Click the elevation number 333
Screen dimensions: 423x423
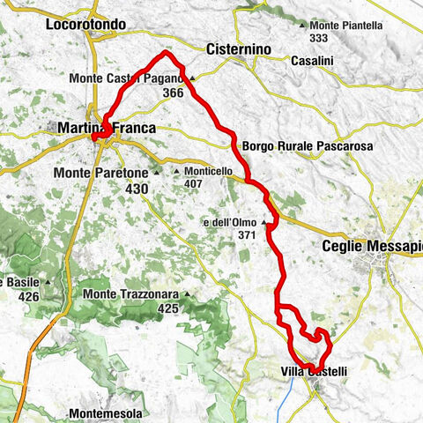320,39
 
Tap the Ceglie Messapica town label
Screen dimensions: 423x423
375,248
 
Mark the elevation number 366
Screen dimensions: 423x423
173,92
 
